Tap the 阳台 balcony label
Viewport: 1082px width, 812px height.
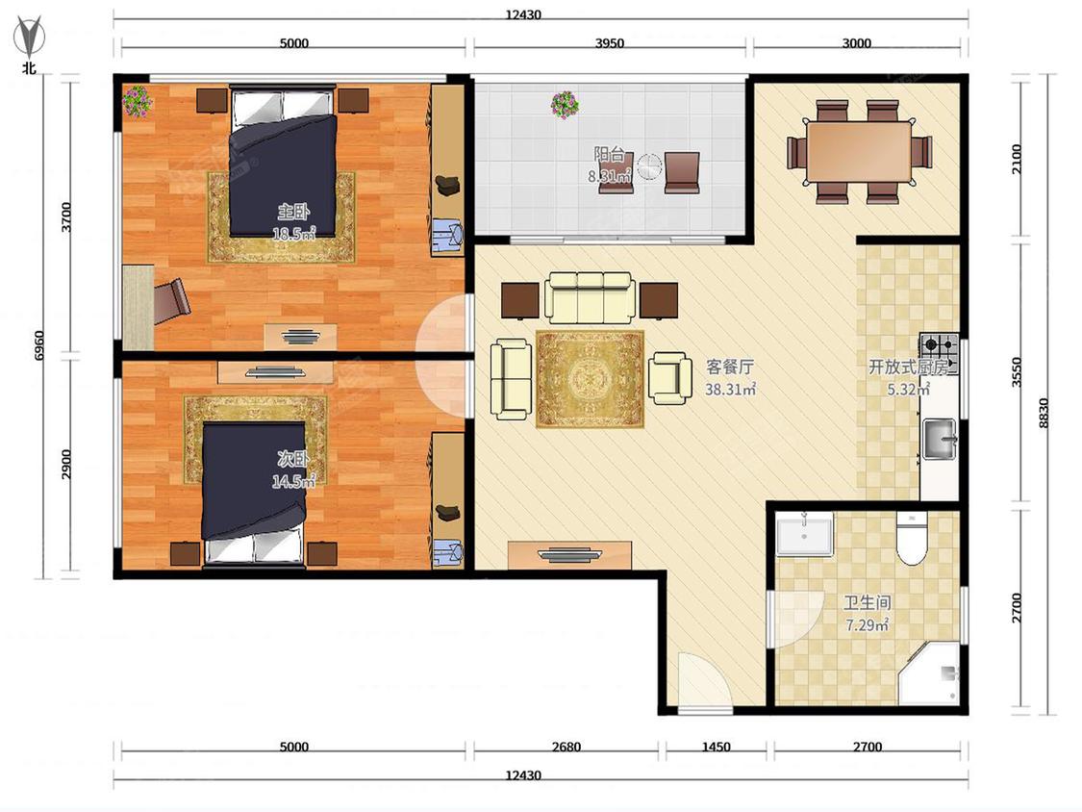click(610, 154)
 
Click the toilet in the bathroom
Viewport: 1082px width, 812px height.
click(913, 539)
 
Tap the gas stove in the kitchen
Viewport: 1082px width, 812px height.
click(939, 354)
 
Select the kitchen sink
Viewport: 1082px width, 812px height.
click(939, 439)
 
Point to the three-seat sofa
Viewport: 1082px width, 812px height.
click(590, 297)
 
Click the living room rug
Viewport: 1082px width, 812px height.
click(590, 379)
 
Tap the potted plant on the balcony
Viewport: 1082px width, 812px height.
click(566, 104)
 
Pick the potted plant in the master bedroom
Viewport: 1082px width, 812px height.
click(138, 100)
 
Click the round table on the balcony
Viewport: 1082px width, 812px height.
click(649, 167)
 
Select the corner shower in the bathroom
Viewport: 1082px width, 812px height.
click(929, 673)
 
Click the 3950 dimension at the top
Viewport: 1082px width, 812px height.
click(610, 42)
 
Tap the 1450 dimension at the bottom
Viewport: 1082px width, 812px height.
click(716, 747)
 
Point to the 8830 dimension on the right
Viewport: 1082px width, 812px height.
click(1044, 412)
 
